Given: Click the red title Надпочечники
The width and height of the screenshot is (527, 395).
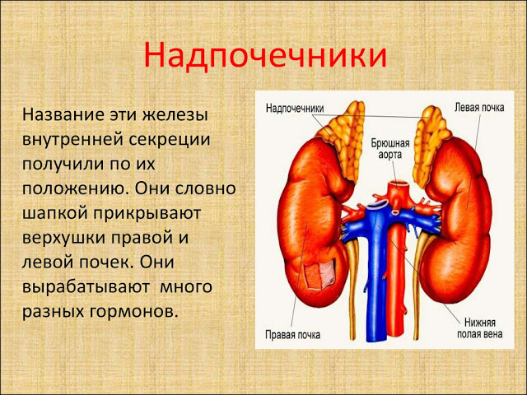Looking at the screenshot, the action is (265, 55).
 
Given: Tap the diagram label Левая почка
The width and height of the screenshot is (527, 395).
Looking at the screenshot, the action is (479, 108).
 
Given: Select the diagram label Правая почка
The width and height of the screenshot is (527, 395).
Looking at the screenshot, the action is (293, 335).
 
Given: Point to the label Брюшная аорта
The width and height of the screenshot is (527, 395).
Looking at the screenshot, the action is (390, 149).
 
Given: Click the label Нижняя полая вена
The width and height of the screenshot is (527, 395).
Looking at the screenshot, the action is (479, 328).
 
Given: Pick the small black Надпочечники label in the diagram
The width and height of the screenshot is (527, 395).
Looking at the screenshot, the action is (295, 108).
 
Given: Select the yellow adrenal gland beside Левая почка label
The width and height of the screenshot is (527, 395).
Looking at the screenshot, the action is (430, 145).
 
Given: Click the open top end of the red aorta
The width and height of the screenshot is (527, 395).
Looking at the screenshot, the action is (398, 184).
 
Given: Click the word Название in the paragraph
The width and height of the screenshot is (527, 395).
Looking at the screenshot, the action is (63, 114).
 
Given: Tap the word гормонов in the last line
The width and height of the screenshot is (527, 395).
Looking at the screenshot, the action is (133, 312).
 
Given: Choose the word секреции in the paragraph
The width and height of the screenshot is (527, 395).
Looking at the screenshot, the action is (170, 140).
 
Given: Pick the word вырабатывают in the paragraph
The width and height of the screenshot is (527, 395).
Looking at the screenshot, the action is (86, 287).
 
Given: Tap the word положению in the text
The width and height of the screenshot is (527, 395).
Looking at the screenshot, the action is (76, 188).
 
